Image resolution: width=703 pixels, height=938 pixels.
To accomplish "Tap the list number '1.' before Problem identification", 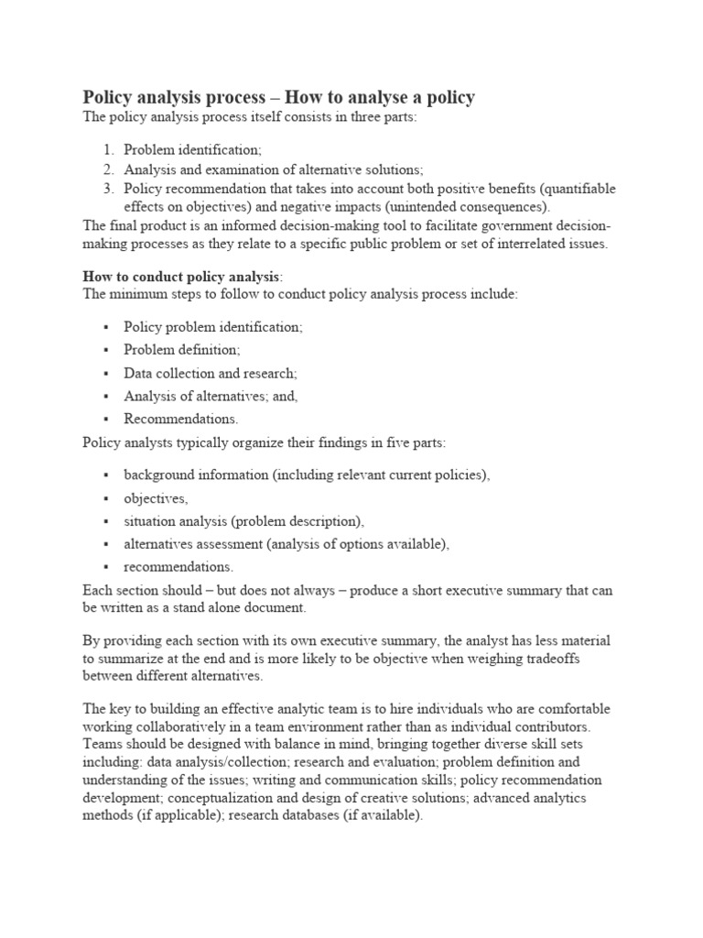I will pyautogui.click(x=108, y=149).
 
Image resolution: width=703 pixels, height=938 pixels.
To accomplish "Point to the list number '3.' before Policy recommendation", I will pyautogui.click(x=108, y=189).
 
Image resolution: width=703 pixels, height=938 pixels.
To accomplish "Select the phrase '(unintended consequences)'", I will pyautogui.click(x=470, y=207).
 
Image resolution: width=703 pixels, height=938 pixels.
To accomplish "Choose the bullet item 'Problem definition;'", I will pyautogui.click(x=182, y=350).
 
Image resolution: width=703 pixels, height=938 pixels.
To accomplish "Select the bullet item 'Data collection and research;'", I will pyautogui.click(x=211, y=373).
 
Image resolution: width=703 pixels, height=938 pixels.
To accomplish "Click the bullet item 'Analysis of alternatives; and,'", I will pyautogui.click(x=211, y=396).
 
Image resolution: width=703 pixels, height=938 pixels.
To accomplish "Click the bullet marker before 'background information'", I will pyautogui.click(x=106, y=475).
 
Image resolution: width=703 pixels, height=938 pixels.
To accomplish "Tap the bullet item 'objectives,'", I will pyautogui.click(x=156, y=498).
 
